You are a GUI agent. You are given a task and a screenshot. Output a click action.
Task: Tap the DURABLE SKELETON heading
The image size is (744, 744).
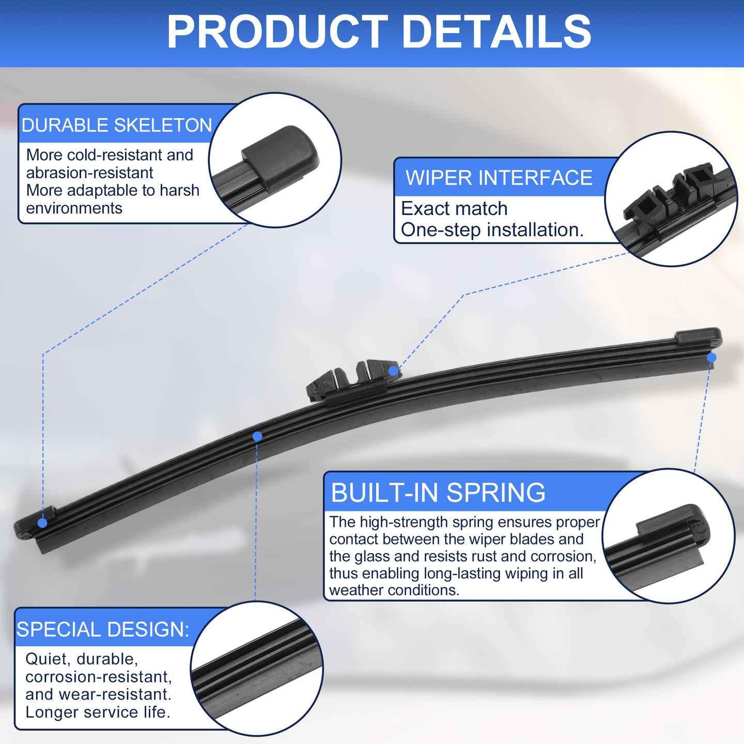pos(117,125)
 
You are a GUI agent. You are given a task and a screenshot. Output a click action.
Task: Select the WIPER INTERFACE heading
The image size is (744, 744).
pos(499,178)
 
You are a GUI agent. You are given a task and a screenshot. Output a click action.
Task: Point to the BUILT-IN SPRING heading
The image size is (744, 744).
pos(438,493)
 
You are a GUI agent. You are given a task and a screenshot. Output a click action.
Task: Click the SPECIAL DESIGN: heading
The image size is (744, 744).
pos(103,629)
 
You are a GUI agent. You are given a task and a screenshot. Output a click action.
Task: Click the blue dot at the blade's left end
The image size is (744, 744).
pos(42,523)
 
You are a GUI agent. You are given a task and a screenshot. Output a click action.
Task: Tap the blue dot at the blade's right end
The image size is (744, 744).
pos(711,358)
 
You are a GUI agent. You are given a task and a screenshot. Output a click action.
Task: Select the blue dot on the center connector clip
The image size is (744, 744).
pos(393,370)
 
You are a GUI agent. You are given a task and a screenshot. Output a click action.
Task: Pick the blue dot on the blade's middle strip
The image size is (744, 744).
pos(257,436)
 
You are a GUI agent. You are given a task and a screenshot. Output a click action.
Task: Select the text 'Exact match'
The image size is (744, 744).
pos(454,209)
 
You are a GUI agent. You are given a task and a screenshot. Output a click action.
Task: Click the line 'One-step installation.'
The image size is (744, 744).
pos(492,230)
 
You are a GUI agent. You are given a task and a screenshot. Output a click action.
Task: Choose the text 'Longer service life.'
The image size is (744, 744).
pos(98,712)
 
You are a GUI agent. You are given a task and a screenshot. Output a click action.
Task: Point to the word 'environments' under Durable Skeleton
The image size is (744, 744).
pos(74,209)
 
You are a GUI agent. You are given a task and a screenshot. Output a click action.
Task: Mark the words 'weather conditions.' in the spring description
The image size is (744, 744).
pos(394,591)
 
